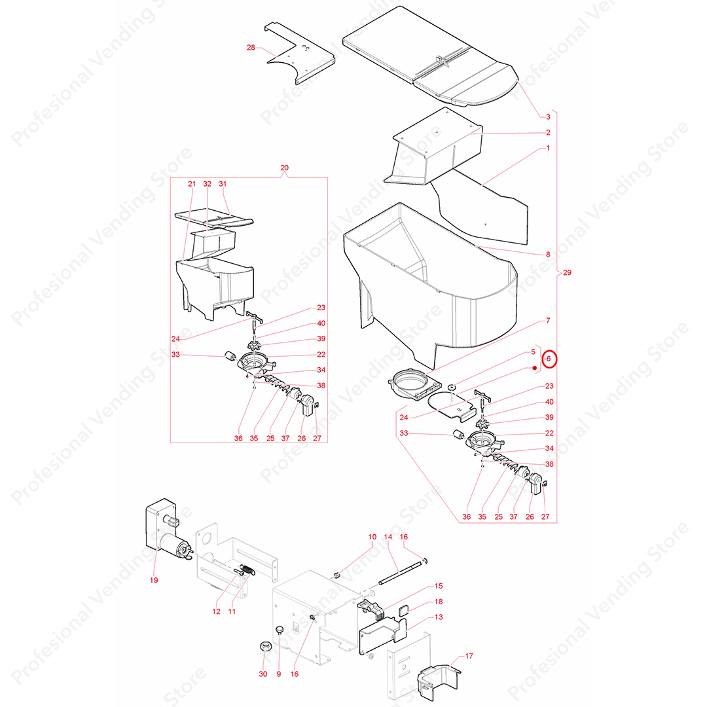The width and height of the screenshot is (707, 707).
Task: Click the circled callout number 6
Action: click(x=549, y=359)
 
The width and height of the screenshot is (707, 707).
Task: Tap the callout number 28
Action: click(x=251, y=47)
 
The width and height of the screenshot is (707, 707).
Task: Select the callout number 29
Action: click(x=567, y=272)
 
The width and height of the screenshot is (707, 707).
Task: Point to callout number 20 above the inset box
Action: click(x=284, y=168)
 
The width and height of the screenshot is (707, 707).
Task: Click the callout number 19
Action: click(x=154, y=580)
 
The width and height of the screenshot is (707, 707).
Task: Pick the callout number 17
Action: click(x=469, y=656)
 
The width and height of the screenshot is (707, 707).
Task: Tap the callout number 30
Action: click(x=263, y=674)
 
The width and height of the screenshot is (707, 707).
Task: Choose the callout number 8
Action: click(x=548, y=254)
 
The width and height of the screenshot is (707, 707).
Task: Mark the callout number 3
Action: click(x=548, y=117)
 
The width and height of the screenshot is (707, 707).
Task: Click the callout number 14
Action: click(x=388, y=537)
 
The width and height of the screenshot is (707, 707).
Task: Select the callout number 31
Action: click(x=223, y=184)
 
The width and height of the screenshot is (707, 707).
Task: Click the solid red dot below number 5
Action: click(x=535, y=368)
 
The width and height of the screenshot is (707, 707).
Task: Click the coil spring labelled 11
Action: click(x=247, y=570)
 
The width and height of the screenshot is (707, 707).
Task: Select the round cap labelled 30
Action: click(x=265, y=647)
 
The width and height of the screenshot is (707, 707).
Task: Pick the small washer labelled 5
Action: click(x=451, y=387)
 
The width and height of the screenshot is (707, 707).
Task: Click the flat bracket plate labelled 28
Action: click(x=299, y=52)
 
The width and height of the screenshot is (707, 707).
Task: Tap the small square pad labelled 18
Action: click(x=403, y=611)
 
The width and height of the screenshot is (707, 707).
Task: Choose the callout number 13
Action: click(x=439, y=617)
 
